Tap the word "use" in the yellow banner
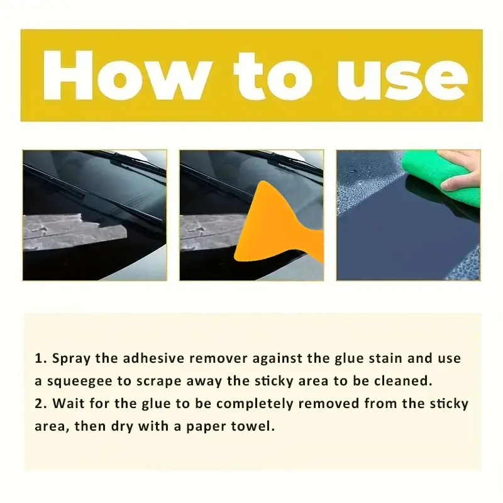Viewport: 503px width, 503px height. tap(402, 79)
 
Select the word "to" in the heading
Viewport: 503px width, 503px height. tap(273, 75)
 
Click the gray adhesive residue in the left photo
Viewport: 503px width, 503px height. tap(73, 230)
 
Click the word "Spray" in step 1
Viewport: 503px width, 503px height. tap(72, 358)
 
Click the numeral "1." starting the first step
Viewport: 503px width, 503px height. tap(41, 358)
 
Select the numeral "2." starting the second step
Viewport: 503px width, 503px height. tap(41, 404)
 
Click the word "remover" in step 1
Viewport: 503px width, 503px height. tap(218, 358)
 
